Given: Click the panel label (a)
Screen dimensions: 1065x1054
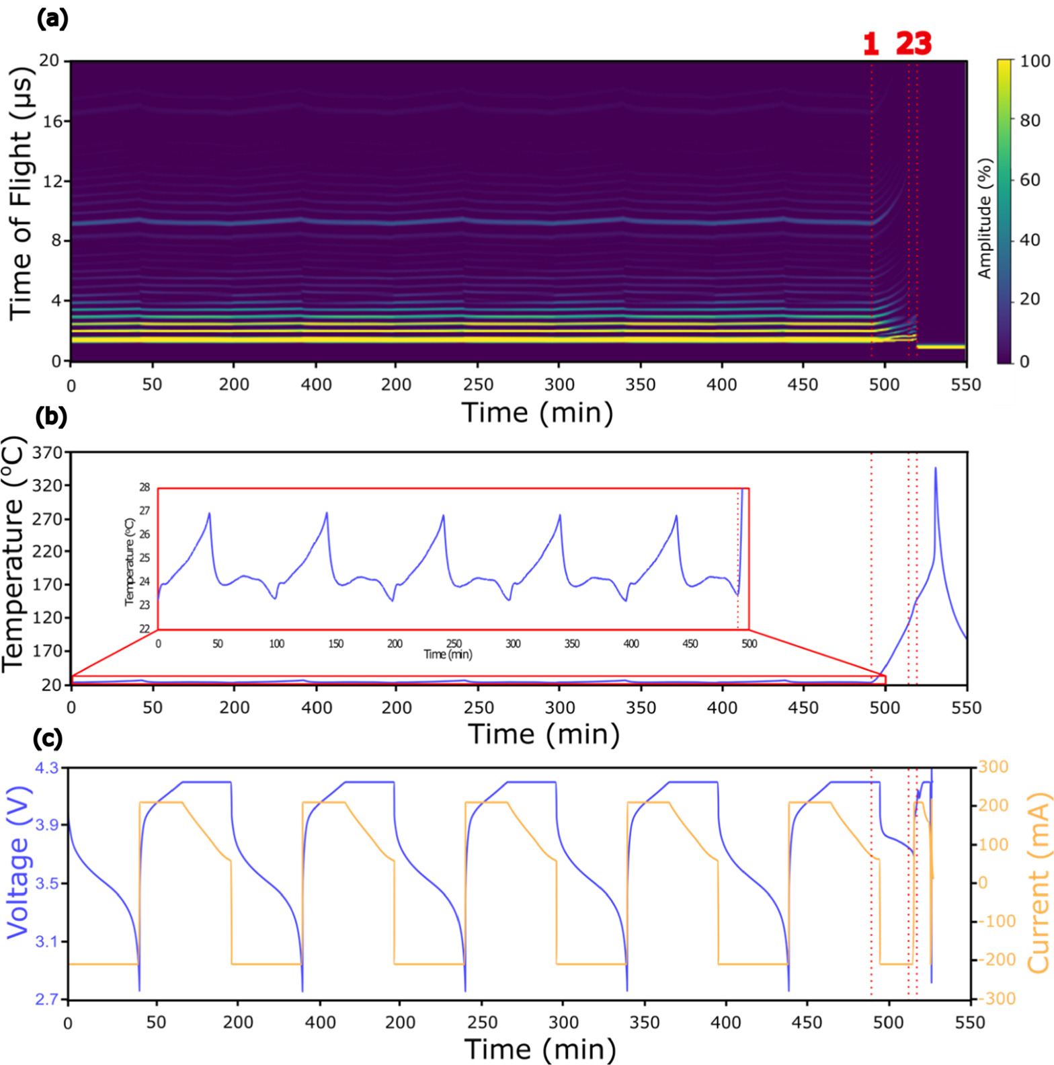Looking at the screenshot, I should point(52,19).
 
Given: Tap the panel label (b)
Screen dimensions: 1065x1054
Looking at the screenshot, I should point(51,417).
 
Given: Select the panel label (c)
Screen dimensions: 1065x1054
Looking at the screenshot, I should point(48,738).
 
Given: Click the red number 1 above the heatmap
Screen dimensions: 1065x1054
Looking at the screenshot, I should point(871,44).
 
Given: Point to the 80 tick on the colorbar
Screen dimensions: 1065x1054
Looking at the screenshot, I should point(1030,120).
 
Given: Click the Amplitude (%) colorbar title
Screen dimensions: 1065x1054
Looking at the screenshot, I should point(985,219).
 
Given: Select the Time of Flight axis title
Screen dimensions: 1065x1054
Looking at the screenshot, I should point(20,193).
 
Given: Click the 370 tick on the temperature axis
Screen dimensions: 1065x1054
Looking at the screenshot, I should point(47,452).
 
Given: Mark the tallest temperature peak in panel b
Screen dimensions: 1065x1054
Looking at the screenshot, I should point(935,468).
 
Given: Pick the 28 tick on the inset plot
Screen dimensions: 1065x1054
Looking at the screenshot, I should point(145,487).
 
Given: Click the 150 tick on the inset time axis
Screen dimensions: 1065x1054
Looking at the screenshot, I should point(335,643).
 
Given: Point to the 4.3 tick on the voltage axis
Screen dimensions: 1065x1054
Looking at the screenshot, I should point(46,767).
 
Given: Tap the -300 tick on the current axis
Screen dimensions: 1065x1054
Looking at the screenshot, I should point(997,998).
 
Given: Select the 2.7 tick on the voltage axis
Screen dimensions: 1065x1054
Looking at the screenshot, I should point(46,999).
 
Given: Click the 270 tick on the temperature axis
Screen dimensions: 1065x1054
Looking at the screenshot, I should point(47,519).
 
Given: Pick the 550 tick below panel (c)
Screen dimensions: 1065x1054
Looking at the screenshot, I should point(970,1023).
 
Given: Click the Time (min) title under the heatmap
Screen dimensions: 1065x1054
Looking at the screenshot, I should point(537,412).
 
